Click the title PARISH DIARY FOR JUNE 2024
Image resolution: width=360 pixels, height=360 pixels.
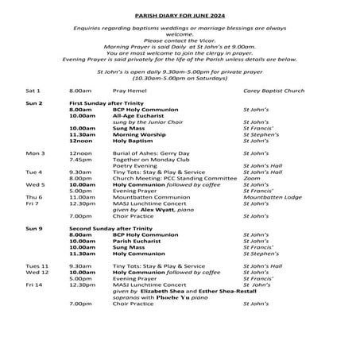(179, 13)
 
